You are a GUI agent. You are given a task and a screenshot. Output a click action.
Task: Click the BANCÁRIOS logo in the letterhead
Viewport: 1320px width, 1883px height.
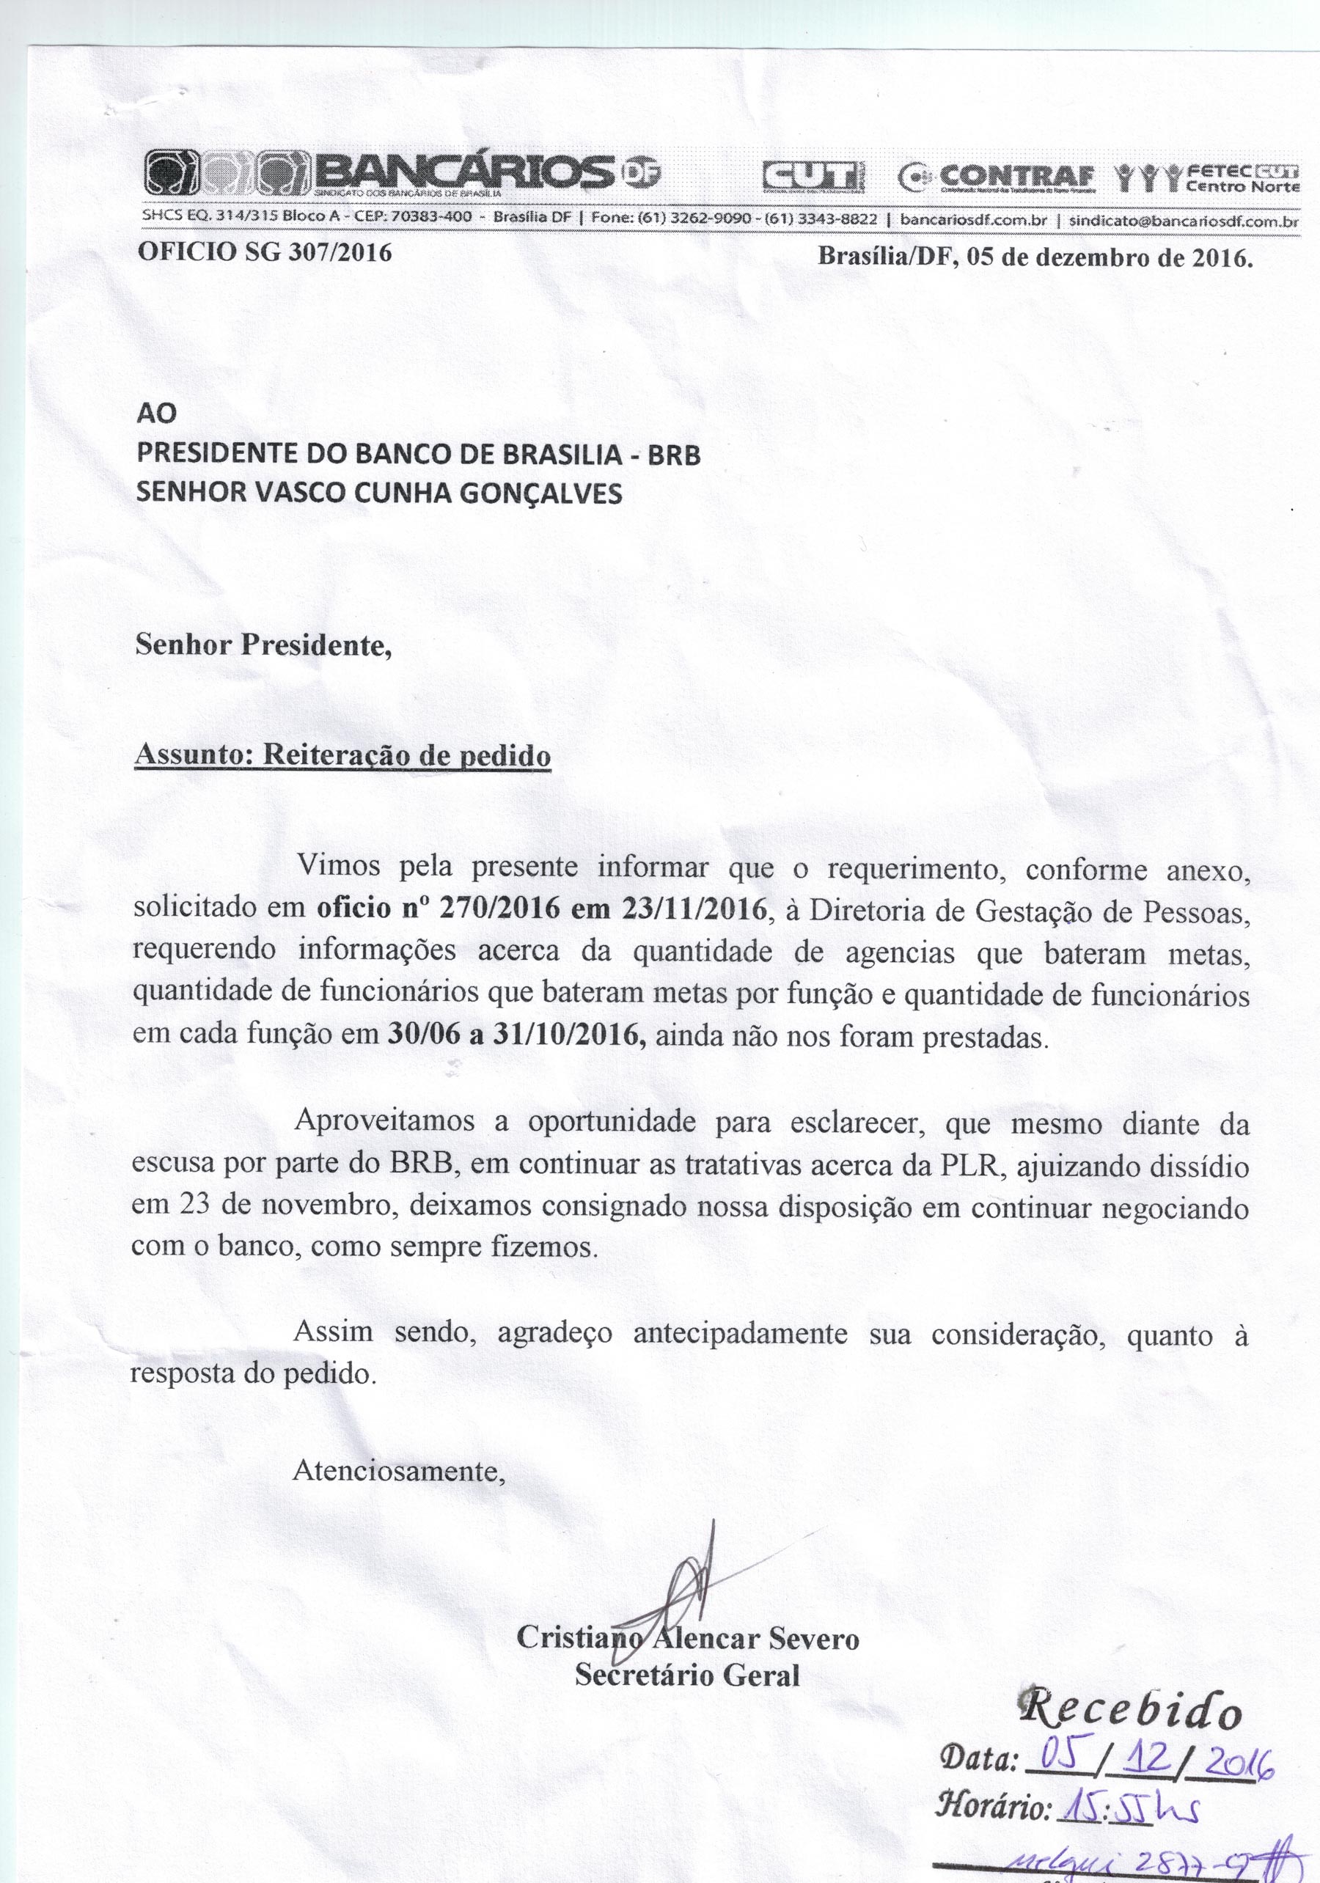tap(402, 174)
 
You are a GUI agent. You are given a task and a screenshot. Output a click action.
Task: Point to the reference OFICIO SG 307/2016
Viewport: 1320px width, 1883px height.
tap(264, 252)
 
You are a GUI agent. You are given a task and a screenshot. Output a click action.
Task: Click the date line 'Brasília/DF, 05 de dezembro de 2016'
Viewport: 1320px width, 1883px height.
tap(1035, 257)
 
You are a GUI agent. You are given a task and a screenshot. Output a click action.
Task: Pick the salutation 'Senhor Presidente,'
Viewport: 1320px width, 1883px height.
tap(263, 645)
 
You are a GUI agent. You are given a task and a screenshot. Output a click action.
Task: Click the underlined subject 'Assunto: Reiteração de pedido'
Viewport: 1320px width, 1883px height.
tap(342, 755)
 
